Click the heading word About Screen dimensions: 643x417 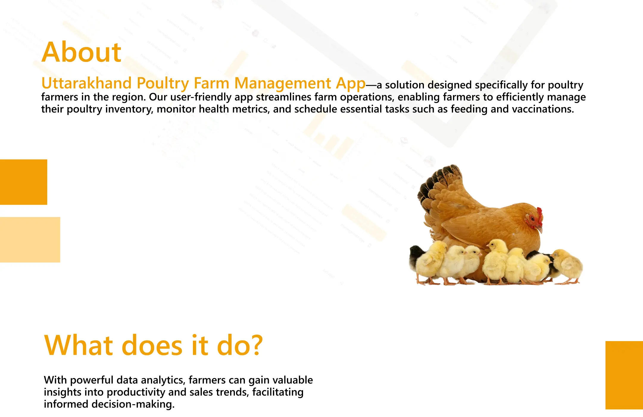(x=81, y=52)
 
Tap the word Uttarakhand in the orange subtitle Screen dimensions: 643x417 (x=86, y=83)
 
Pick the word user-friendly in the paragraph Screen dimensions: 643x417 (x=211, y=97)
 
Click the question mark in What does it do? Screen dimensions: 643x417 (x=256, y=345)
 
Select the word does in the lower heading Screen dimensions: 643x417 (x=152, y=345)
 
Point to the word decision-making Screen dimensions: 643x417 (x=133, y=404)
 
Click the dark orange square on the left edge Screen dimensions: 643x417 (x=24, y=182)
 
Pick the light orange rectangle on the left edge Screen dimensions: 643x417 (x=30, y=240)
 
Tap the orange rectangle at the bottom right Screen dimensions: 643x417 (x=624, y=375)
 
